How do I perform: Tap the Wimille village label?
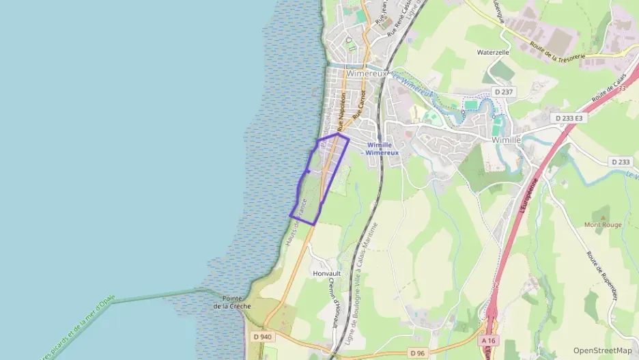point(507,139)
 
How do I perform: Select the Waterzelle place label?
point(493,52)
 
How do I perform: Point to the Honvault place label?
point(326,273)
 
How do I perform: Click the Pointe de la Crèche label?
point(232,302)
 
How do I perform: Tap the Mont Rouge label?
point(602,224)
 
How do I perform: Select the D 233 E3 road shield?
point(569,118)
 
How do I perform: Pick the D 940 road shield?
point(262,336)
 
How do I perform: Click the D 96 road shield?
point(418,352)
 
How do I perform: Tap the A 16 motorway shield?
point(487,340)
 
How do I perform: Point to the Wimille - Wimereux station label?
point(382,149)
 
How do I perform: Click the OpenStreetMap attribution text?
point(602,350)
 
